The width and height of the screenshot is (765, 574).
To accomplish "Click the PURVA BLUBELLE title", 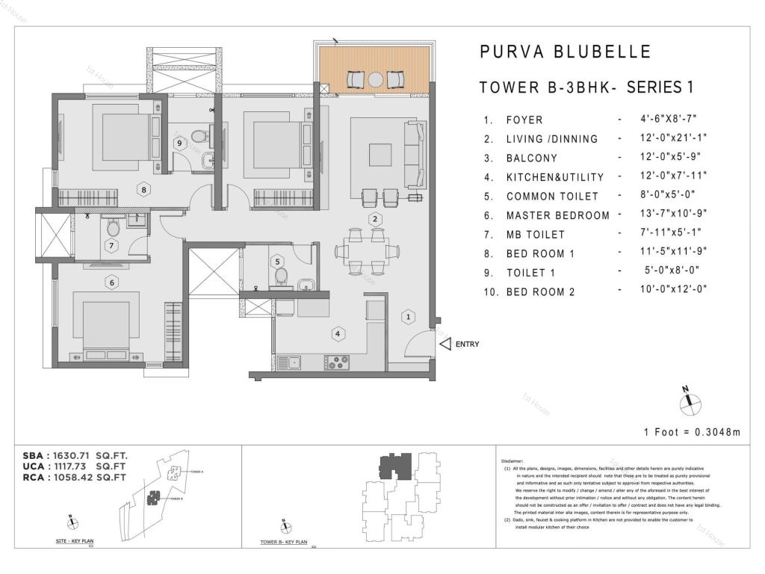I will click(x=565, y=52).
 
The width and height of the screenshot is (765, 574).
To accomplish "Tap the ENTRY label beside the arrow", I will click(x=467, y=345).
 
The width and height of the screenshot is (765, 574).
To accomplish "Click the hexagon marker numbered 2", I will click(x=376, y=219).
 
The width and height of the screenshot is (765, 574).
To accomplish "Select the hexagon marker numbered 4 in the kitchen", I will click(x=338, y=333).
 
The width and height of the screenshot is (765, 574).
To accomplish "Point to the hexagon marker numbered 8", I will click(x=144, y=189).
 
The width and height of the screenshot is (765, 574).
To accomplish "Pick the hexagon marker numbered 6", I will click(x=111, y=283).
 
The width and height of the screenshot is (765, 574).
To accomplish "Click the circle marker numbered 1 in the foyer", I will click(x=408, y=317).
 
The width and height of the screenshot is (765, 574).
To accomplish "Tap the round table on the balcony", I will click(x=375, y=78).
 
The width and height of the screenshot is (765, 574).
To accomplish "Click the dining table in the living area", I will click(x=366, y=250).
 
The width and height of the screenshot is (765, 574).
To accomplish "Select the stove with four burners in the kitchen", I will click(x=338, y=362).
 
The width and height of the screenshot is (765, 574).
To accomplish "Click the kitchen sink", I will click(x=289, y=362).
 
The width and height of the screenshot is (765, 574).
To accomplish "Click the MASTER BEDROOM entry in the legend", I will click(x=558, y=215).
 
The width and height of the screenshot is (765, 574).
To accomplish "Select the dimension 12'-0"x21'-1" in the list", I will click(x=667, y=138).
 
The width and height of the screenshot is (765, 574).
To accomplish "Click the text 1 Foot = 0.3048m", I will click(x=692, y=432).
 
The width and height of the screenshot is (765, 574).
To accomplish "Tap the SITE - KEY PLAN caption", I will click(x=75, y=540).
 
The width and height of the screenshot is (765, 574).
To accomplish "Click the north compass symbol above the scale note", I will click(x=690, y=403).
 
